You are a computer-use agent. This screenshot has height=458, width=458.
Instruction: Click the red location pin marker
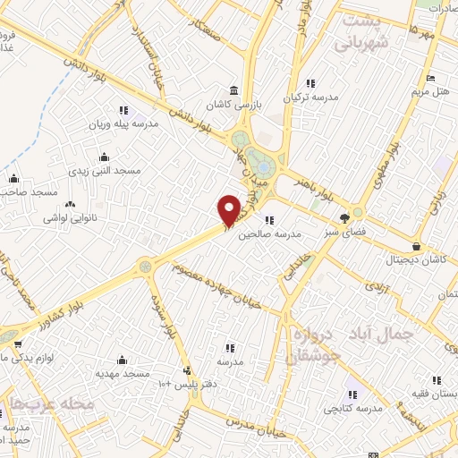[230, 210]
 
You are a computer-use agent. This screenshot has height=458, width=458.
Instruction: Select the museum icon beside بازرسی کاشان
[234, 91]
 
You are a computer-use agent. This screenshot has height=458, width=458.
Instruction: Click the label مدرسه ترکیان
[310, 98]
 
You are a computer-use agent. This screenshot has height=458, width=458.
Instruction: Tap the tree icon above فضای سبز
[345, 217]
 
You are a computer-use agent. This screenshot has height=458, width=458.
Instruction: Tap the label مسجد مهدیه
[123, 373]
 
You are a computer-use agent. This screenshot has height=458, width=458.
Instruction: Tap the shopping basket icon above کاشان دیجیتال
[417, 247]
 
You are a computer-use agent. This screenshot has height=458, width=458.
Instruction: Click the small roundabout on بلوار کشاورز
[145, 265]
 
